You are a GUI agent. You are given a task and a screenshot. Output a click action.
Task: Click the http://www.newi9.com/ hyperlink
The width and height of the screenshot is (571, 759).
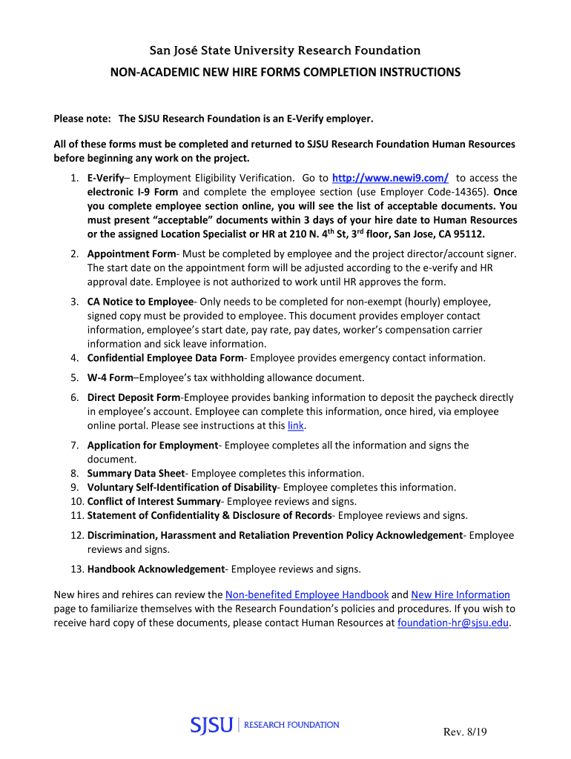[x=390, y=178]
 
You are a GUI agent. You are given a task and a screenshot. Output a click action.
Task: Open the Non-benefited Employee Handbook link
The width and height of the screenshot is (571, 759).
[x=307, y=594]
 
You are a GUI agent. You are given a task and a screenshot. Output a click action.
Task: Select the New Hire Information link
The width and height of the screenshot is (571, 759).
[x=461, y=594]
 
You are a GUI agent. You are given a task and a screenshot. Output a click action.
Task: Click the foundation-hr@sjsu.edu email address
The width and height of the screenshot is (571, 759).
[x=453, y=623]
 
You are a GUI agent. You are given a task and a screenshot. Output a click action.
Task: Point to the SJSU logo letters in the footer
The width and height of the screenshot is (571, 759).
[x=212, y=725]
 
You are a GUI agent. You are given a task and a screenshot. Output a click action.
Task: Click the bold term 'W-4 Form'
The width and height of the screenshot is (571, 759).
[x=110, y=377]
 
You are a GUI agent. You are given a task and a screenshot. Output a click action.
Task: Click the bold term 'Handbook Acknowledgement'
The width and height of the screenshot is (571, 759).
[x=156, y=569]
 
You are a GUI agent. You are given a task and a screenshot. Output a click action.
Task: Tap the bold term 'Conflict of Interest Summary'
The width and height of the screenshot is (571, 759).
[x=154, y=501]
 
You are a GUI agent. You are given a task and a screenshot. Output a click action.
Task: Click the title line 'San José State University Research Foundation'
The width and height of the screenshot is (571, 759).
[x=285, y=50]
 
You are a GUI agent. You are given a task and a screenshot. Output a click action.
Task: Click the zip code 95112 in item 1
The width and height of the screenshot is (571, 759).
[x=466, y=234]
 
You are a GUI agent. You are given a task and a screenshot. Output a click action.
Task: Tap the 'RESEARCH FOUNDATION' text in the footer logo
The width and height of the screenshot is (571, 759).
[x=291, y=725]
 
